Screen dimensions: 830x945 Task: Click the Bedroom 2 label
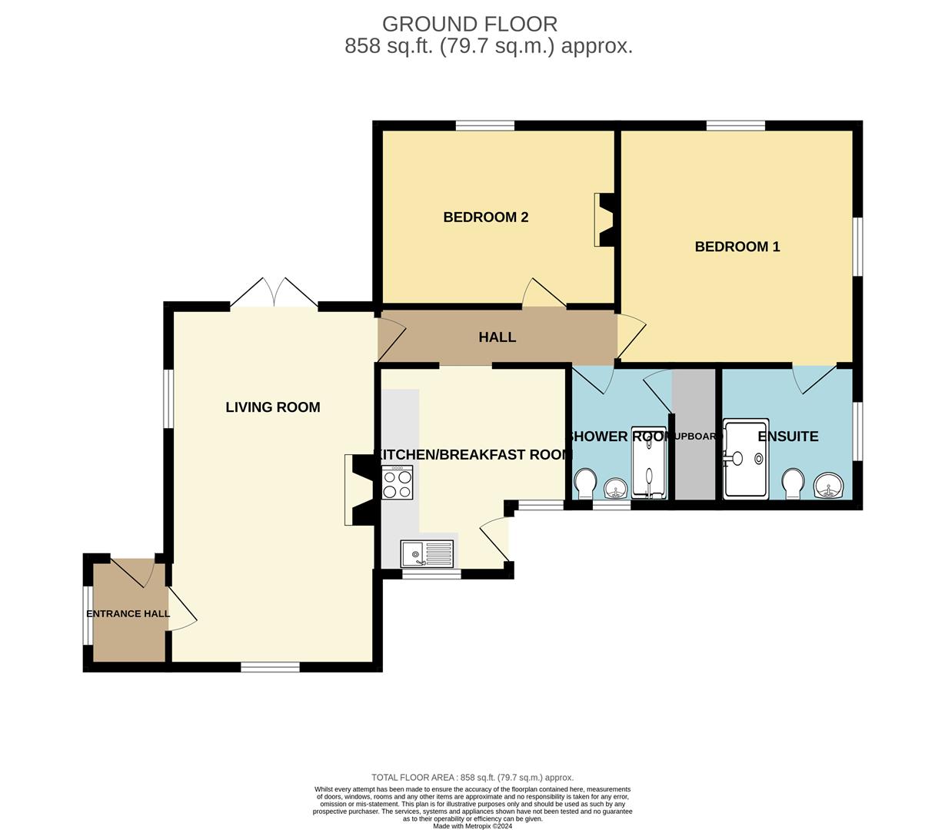(485, 217)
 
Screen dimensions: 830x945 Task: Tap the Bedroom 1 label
(737, 247)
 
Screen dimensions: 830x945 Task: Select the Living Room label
(272, 407)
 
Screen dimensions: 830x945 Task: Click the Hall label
(497, 337)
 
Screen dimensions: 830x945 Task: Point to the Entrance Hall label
(128, 614)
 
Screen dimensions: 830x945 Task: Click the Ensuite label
(787, 437)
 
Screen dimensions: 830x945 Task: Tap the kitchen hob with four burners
(397, 483)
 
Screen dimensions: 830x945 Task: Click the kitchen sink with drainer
(427, 553)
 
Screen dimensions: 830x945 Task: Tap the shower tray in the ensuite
(745, 459)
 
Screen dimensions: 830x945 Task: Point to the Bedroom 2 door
(544, 294)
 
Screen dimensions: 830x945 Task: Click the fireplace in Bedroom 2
(604, 219)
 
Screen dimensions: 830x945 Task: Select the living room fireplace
(360, 490)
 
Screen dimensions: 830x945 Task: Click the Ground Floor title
(470, 24)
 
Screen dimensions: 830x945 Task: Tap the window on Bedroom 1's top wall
(735, 125)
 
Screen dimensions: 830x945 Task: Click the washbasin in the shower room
(615, 487)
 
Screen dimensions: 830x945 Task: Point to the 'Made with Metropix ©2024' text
(472, 826)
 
